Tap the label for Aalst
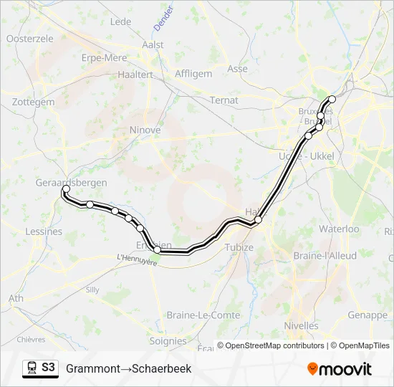[153, 44]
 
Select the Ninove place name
[145, 130]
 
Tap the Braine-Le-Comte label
[193, 315]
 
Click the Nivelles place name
[301, 325]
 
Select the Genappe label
[367, 315]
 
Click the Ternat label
[224, 100]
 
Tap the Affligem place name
[193, 73]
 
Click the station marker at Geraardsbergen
[66, 189]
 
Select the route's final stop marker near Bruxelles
[332, 100]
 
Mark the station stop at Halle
[258, 220]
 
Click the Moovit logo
[340, 369]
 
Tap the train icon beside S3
[32, 368]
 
